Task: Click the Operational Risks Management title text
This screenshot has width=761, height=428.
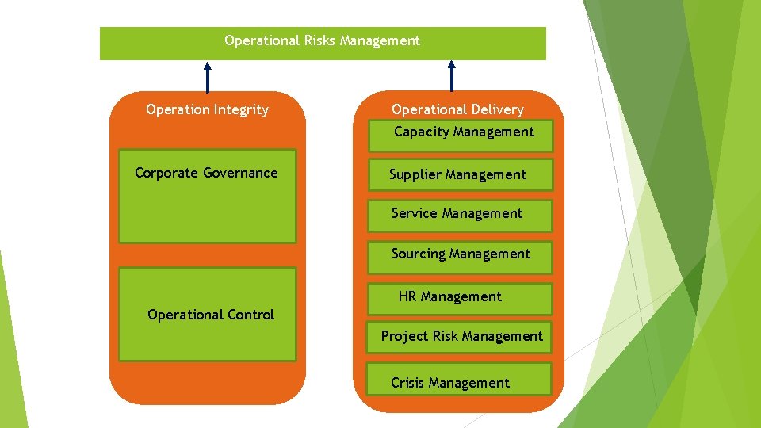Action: [x=322, y=40]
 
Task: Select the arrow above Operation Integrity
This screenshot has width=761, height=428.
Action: [x=208, y=77]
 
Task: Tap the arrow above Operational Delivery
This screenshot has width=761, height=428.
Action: [x=452, y=76]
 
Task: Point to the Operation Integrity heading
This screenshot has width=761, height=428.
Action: [x=207, y=109]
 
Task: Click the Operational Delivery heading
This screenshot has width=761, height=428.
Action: [x=457, y=109]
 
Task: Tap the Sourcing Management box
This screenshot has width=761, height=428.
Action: [x=461, y=254]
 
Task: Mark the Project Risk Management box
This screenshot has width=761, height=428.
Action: [x=461, y=336]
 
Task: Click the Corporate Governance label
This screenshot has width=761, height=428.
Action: [x=206, y=173]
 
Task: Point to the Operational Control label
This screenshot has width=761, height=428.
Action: [x=211, y=315]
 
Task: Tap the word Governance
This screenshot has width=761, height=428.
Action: [x=240, y=173]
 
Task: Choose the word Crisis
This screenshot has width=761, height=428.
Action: [x=407, y=383]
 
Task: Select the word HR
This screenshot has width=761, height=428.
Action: [x=407, y=297]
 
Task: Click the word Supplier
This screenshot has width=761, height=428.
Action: [x=415, y=174]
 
